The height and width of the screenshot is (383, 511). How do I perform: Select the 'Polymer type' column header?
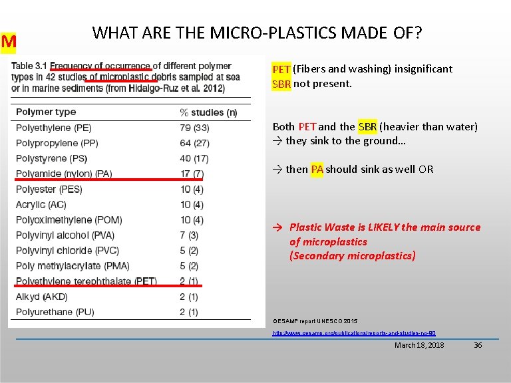[x=46, y=112]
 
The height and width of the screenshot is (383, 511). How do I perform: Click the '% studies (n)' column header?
[x=208, y=112]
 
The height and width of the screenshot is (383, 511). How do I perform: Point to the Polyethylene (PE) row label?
[x=54, y=128]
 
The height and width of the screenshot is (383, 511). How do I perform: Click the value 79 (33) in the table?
[x=194, y=128]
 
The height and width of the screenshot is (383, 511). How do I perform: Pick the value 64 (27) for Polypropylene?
[x=194, y=143]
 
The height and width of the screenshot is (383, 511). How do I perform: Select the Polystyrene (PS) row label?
[x=52, y=158]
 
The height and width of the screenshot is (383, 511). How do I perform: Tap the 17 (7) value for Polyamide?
[x=192, y=174]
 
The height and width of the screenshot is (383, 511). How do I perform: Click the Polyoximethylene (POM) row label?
[x=69, y=220]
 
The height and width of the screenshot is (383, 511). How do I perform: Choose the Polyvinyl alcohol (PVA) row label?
[x=65, y=235]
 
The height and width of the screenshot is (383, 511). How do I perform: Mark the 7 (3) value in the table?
[x=189, y=235]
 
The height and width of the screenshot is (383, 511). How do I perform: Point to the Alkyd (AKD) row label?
[x=42, y=297]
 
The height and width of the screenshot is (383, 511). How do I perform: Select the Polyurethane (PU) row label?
[x=55, y=312]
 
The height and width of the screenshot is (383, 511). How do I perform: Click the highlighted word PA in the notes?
[x=316, y=169]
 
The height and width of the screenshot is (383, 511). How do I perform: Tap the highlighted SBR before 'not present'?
[x=281, y=84]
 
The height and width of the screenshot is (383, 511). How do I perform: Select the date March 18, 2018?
[x=419, y=345]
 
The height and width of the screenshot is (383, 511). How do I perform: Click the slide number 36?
[x=477, y=345]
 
